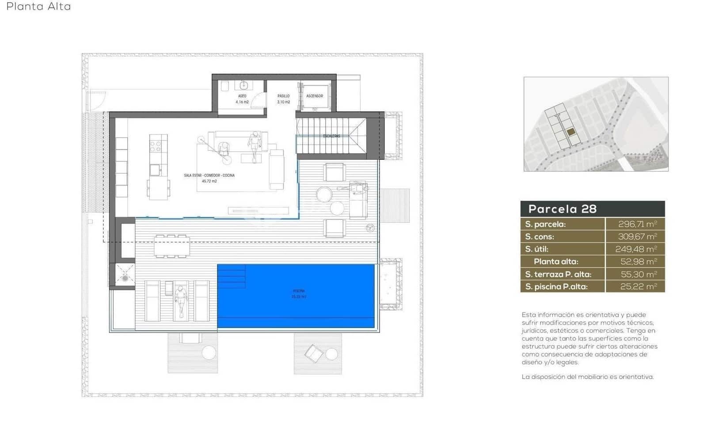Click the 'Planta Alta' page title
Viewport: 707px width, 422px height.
tap(38, 7)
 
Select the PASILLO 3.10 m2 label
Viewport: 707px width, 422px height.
tap(283, 99)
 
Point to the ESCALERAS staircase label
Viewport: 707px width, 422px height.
tap(331, 136)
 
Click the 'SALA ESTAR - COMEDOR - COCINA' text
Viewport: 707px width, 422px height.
tap(209, 175)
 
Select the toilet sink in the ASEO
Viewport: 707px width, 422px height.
tap(243, 85)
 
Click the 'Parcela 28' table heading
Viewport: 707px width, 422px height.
tap(563, 209)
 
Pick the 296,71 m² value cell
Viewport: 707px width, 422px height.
tap(637, 224)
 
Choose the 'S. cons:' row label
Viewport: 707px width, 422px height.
tap(540, 237)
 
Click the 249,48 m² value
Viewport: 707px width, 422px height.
tap(636, 249)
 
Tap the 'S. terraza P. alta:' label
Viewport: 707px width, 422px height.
tap(558, 274)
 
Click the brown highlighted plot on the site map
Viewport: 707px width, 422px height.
tap(571, 132)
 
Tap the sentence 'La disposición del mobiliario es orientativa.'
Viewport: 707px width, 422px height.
tap(587, 377)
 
